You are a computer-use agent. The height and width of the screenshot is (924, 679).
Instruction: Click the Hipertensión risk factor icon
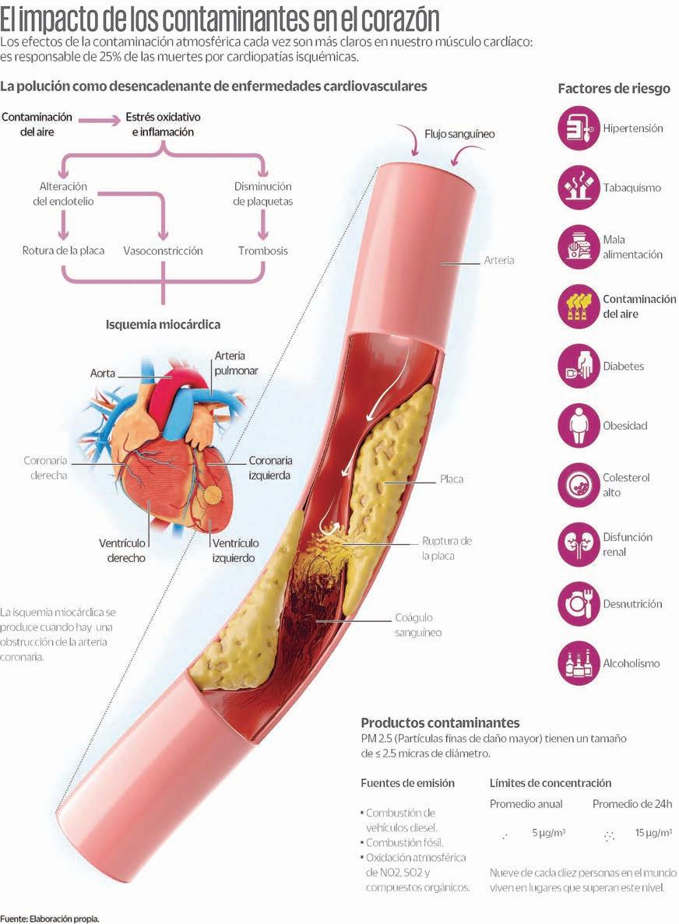click(579, 128)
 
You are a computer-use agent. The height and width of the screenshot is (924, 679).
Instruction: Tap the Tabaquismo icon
click(579, 188)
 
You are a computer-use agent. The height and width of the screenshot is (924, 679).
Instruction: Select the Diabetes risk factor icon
click(579, 366)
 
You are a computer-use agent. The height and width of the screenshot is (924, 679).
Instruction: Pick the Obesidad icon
click(579, 426)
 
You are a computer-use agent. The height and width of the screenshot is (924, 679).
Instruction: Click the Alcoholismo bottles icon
click(579, 663)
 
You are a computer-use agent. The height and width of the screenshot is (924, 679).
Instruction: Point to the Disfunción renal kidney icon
click(579, 544)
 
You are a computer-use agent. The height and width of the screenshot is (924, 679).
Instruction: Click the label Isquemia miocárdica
click(163, 324)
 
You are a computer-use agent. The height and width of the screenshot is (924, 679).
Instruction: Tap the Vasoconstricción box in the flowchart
click(163, 251)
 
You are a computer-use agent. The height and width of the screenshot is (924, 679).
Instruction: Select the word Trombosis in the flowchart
click(262, 251)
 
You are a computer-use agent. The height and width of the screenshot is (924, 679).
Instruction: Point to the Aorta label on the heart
click(102, 374)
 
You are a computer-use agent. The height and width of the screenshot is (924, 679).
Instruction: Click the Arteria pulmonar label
click(236, 364)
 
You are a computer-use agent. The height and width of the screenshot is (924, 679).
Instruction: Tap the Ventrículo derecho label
click(122, 550)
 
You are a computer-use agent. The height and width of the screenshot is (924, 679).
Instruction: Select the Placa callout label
click(451, 480)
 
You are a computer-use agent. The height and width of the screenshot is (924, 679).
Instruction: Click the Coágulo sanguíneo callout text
click(418, 625)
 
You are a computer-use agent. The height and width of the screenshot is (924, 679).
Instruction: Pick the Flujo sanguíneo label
click(459, 134)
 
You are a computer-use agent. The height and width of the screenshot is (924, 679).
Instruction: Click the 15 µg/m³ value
click(653, 833)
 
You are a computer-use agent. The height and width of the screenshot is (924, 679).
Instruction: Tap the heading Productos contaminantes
click(440, 722)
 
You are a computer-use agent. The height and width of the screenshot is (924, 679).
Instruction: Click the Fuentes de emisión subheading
click(407, 783)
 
